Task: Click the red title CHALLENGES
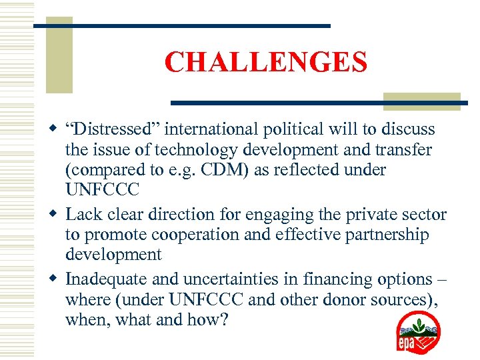tap(265, 63)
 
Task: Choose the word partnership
tap(387, 235)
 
